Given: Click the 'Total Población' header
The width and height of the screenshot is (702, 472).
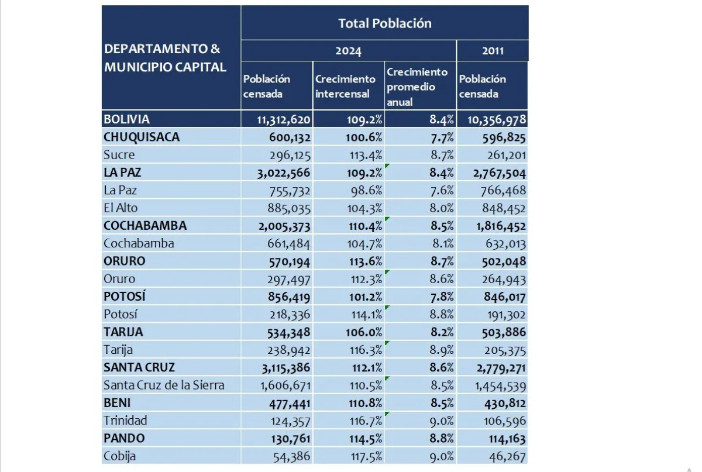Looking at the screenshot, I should click(x=384, y=23).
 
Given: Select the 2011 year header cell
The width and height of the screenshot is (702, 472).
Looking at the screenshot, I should click(x=493, y=51).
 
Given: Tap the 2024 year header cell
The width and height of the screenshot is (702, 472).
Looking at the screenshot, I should click(x=348, y=51).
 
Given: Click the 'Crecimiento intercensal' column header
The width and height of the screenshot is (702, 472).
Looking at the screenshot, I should click(x=345, y=86).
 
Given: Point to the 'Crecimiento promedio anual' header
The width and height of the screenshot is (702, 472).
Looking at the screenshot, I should click(x=417, y=87).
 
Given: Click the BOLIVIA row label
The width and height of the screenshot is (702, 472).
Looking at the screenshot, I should click(x=126, y=119).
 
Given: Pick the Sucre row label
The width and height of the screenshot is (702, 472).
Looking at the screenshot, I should click(x=119, y=155).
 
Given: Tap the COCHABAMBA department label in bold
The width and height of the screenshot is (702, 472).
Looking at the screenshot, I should click(x=144, y=226).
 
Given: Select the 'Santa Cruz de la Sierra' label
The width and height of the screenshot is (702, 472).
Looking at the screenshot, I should click(x=164, y=385).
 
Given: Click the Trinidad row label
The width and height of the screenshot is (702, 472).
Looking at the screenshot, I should click(x=125, y=421).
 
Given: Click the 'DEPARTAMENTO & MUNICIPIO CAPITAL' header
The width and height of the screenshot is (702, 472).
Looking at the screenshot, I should click(x=165, y=57).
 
